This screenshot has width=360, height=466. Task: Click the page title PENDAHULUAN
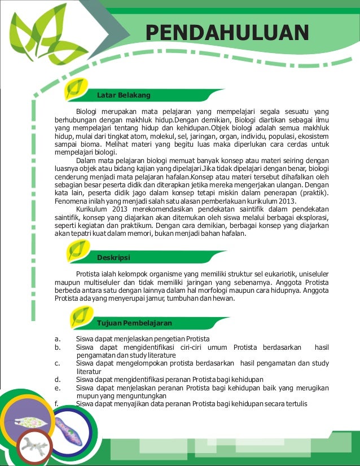tap(227, 32)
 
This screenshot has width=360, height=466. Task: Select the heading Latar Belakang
tap(124, 95)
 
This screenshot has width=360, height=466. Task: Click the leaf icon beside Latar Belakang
tap(76, 89)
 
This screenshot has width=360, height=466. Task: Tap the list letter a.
tap(58, 338)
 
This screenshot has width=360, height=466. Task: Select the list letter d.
tap(58, 380)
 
